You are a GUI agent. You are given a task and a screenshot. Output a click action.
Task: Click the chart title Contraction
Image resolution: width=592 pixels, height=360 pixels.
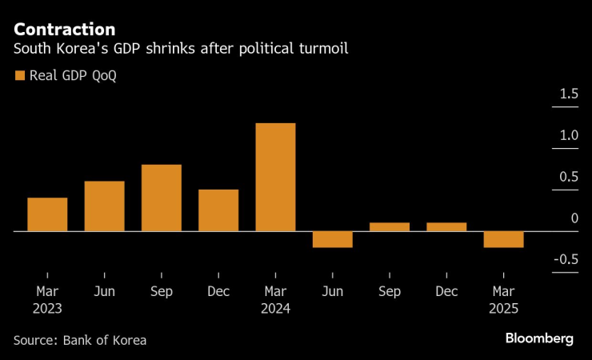click(x=64, y=30)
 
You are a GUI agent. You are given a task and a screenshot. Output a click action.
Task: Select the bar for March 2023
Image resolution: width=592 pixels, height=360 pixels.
click(x=47, y=214)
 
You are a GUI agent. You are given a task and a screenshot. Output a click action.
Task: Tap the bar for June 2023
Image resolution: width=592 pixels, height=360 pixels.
click(x=104, y=206)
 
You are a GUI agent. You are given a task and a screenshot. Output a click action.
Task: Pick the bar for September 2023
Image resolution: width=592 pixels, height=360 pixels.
click(x=162, y=198)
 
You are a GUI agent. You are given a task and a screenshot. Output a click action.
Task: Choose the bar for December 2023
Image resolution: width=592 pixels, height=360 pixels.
click(x=218, y=210)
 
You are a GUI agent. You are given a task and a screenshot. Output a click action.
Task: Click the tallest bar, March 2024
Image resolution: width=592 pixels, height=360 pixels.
click(x=275, y=177)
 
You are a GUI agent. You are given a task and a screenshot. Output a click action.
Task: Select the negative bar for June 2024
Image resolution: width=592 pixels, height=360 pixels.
click(x=332, y=239)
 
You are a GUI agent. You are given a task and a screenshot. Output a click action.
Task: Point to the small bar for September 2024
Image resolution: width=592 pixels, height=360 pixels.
click(x=390, y=227)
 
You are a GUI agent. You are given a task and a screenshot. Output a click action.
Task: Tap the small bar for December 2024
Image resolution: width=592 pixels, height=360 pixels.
click(x=446, y=227)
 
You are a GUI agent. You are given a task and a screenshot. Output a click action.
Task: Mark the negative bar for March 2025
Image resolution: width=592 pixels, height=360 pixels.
click(x=503, y=239)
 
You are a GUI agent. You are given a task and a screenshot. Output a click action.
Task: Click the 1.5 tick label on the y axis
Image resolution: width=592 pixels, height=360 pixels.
click(x=569, y=94)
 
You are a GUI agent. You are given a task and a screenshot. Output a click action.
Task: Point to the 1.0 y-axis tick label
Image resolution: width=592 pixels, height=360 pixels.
click(x=569, y=136)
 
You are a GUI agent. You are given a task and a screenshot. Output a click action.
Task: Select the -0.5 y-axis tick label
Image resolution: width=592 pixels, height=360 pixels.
click(x=566, y=259)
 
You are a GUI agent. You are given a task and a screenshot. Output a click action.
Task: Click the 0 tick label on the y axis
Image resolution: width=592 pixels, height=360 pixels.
click(x=574, y=218)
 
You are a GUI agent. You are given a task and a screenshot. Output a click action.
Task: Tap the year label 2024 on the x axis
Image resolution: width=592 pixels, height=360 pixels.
click(x=275, y=308)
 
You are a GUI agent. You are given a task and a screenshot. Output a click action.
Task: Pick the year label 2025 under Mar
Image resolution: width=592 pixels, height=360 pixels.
click(x=503, y=308)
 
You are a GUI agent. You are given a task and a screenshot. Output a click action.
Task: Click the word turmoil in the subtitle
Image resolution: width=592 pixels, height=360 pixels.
click(x=325, y=50)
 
